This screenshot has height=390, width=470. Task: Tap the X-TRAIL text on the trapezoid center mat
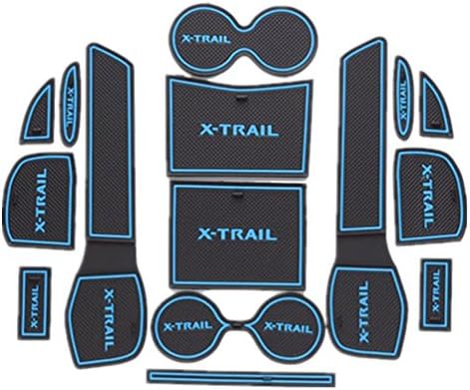239,129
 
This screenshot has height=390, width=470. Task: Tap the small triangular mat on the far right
436,101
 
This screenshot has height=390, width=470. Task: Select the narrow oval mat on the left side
70,97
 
